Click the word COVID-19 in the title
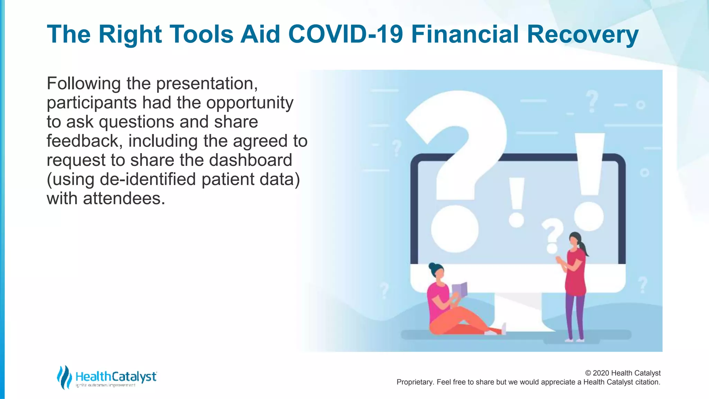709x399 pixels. point(345,34)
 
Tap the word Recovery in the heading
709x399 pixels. point(582,34)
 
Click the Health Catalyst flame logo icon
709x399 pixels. point(64,377)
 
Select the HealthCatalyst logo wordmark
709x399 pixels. point(116,376)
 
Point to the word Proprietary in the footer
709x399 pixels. point(414,382)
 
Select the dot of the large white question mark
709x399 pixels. point(455,229)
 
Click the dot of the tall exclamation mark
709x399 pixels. point(589,216)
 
